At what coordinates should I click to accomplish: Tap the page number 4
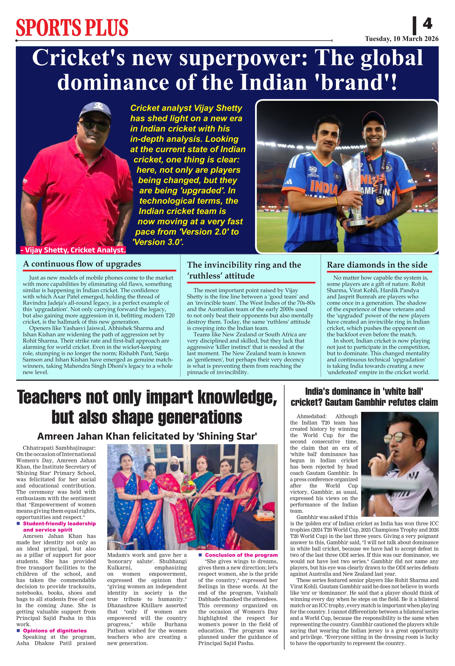point(427,24)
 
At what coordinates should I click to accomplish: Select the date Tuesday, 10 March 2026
point(401,39)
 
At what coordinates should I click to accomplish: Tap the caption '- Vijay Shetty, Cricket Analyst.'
point(73,250)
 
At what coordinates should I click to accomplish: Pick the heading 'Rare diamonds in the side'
point(377,265)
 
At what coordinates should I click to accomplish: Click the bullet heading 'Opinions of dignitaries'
point(55,631)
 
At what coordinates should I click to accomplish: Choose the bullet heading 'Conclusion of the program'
point(241,555)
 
